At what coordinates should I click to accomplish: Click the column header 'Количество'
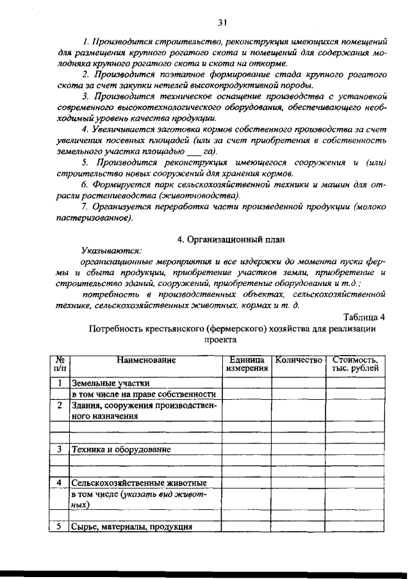[x=298, y=361]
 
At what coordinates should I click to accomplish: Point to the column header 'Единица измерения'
[x=247, y=365]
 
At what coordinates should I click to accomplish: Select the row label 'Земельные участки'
[x=105, y=383]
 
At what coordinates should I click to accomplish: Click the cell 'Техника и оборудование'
[x=121, y=450]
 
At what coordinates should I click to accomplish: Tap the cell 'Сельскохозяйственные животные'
[x=138, y=482]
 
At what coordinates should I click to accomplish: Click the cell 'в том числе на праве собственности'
[x=144, y=395]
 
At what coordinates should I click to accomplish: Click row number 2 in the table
[x=59, y=406]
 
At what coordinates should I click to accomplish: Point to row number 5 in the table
[x=59, y=527]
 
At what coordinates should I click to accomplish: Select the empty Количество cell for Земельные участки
[x=298, y=383]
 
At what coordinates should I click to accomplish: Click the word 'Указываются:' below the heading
[x=111, y=251]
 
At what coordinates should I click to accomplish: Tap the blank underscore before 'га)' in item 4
[x=192, y=152]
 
